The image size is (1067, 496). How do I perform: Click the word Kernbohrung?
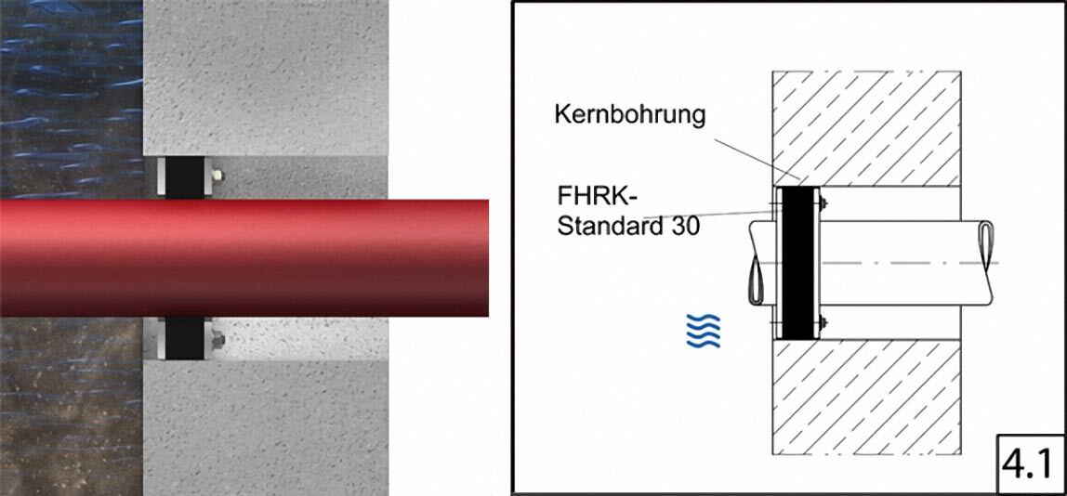coord(630,114)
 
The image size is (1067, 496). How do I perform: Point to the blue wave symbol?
coord(703,331)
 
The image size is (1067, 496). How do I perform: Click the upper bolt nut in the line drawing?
coord(824,202)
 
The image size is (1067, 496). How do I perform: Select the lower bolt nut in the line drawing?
coord(824,321)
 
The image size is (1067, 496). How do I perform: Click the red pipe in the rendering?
coord(244,258)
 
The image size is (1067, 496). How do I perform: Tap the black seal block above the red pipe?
coord(184,176)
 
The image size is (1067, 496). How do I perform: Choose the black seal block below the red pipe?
coord(184,339)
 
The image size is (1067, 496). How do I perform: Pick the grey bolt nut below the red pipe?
coord(217,338)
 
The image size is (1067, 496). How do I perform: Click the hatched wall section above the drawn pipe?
coord(866,128)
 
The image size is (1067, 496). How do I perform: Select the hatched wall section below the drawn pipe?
coord(866,397)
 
